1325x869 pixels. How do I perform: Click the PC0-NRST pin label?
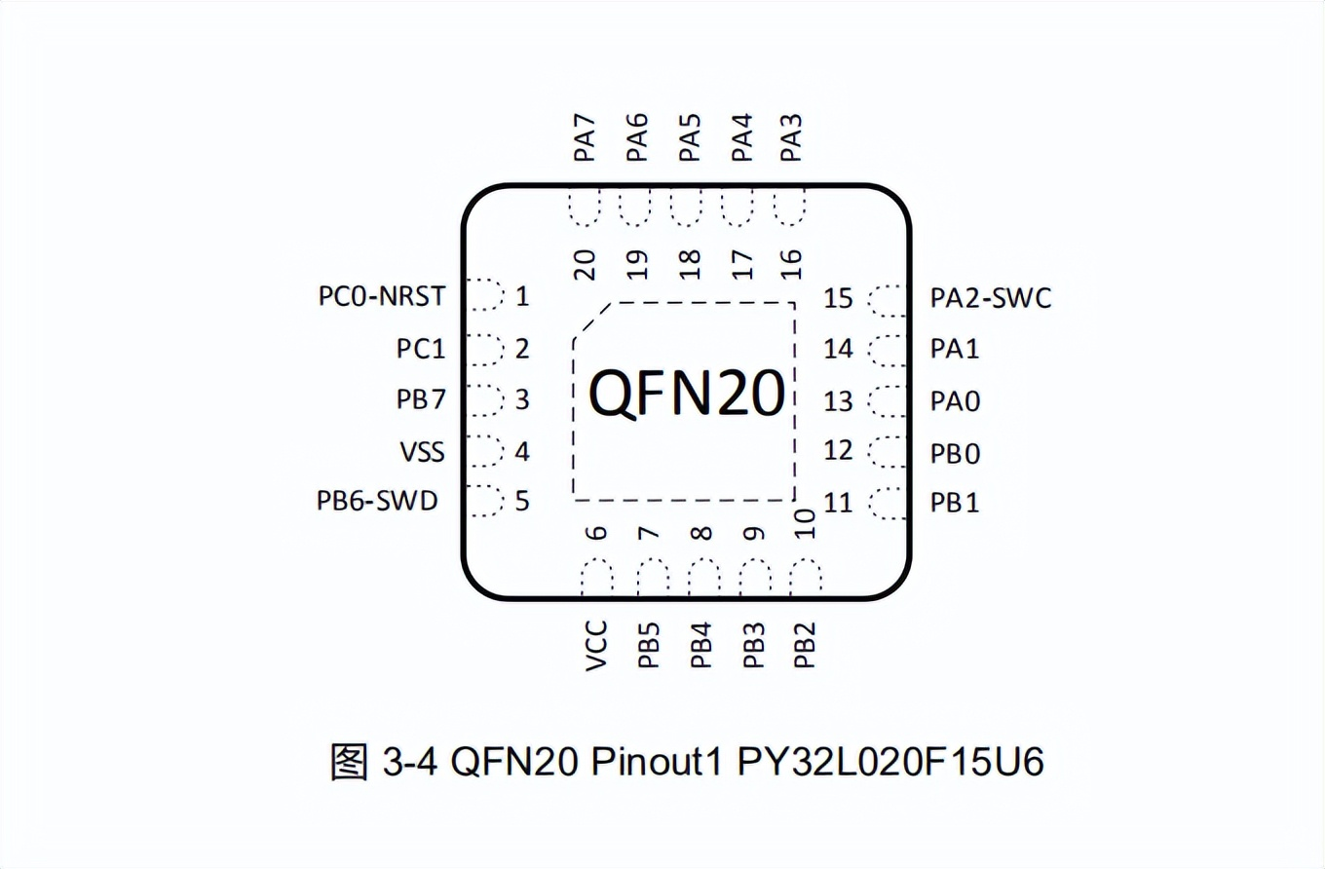381,296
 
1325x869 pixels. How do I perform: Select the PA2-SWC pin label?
991,298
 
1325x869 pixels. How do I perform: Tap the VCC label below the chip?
596,645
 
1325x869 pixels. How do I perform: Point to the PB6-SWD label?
377,502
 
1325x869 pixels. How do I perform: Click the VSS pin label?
422,452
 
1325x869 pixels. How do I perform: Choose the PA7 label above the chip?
584,138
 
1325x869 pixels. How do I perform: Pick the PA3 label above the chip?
792,138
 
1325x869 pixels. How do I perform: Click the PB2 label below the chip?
804,645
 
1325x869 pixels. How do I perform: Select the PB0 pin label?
955,454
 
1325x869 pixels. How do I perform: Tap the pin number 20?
584,263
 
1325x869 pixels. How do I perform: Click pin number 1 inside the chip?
522,296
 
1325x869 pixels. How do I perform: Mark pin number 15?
838,298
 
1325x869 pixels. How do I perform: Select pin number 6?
596,532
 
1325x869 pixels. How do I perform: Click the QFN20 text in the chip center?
687,395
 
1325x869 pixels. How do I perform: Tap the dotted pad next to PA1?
888,349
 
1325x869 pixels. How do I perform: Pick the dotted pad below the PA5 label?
688,207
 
